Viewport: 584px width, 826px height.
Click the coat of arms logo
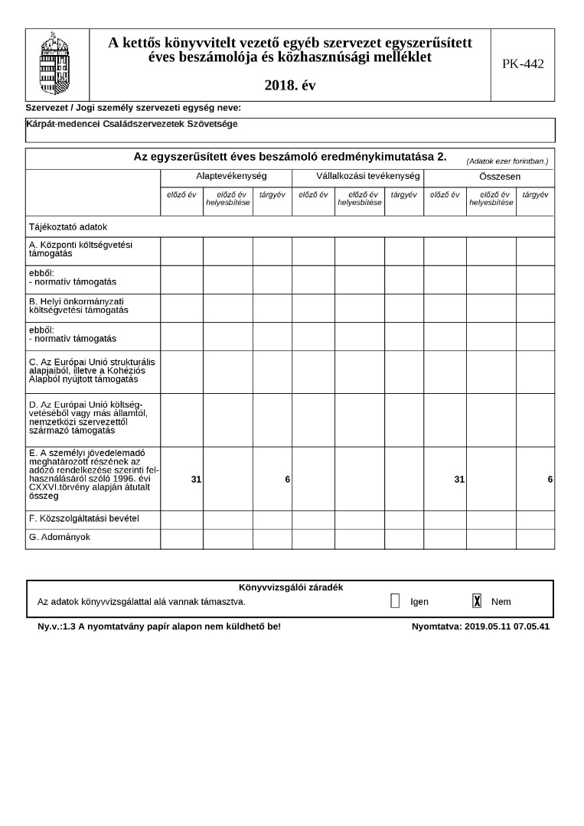tap(54, 64)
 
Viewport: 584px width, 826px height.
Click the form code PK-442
tap(523, 64)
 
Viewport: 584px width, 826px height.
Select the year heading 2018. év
tap(290, 86)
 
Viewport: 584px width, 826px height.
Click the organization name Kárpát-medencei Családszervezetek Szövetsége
tap(132, 124)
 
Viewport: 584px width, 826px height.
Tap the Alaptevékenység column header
tap(226, 177)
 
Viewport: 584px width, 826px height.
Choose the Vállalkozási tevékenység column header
tap(357, 177)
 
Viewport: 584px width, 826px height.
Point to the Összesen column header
tap(489, 177)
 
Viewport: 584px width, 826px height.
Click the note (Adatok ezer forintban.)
tap(507, 161)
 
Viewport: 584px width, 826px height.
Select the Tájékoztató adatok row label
tap(68, 227)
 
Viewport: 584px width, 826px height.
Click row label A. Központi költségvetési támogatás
tap(80, 249)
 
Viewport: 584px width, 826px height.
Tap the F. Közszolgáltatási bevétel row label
tap(83, 519)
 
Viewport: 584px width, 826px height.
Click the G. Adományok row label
tap(59, 538)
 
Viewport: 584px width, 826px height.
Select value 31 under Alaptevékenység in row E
tap(196, 479)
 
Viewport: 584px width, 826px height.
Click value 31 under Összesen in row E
tap(459, 479)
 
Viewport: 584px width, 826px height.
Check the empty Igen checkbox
tap(395, 601)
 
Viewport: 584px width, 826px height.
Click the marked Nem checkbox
tap(477, 601)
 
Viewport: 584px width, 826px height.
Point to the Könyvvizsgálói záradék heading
tap(291, 587)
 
